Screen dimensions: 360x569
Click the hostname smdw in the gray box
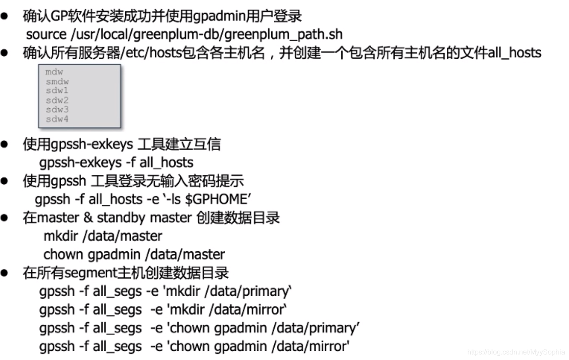[x=57, y=81]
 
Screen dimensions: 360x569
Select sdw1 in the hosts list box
[x=57, y=90]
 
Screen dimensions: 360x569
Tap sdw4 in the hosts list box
[x=57, y=119]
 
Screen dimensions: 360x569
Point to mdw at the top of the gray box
[x=54, y=72]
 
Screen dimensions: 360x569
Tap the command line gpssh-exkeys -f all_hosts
[x=116, y=162]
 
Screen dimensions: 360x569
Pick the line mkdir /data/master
[x=103, y=236]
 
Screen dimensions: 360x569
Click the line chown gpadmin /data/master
[x=134, y=254]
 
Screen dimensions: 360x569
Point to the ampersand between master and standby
[x=87, y=217]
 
